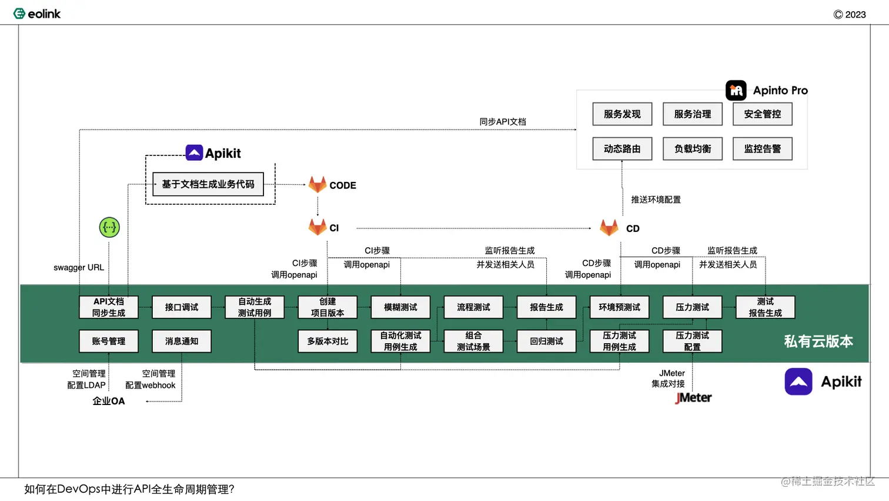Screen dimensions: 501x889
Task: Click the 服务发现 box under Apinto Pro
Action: click(622, 114)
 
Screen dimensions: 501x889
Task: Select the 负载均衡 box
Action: click(692, 149)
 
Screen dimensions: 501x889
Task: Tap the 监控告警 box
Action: click(762, 149)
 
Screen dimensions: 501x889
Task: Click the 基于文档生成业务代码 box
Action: click(208, 184)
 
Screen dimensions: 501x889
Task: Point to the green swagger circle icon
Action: click(109, 227)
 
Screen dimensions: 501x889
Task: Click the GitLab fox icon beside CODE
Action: click(317, 185)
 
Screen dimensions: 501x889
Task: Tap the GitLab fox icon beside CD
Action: click(609, 228)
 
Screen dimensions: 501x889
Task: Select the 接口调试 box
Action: click(182, 307)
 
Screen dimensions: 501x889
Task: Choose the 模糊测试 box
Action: click(400, 307)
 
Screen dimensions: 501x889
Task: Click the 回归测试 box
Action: click(546, 341)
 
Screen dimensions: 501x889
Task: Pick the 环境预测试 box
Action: click(619, 307)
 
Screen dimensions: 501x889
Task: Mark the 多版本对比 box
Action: click(327, 341)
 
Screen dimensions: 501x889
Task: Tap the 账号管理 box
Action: click(109, 341)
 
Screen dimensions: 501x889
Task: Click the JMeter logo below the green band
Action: click(693, 398)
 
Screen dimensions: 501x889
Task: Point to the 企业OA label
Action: click(109, 402)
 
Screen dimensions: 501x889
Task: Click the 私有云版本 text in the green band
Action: click(818, 341)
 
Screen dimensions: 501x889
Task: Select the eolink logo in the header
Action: click(37, 14)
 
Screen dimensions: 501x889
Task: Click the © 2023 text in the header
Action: click(850, 15)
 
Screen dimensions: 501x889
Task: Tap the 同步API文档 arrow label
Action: click(503, 122)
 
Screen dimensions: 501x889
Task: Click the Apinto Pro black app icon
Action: click(736, 91)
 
